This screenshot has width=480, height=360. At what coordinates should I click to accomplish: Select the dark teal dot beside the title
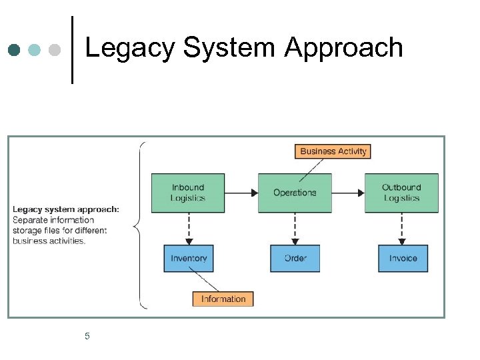click(x=15, y=50)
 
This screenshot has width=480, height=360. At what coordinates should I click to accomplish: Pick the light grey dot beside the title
click(x=55, y=50)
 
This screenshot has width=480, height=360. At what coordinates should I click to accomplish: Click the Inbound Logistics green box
click(x=188, y=193)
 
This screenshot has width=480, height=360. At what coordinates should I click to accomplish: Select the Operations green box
click(x=295, y=193)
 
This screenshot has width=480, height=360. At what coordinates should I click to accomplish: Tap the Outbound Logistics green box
click(x=401, y=193)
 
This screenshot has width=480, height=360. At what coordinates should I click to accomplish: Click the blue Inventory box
click(x=189, y=258)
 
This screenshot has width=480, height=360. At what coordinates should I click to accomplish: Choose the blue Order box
click(x=295, y=258)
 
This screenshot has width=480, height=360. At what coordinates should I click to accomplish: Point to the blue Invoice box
click(x=403, y=258)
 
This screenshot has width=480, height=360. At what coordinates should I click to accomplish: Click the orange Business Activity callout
click(x=333, y=151)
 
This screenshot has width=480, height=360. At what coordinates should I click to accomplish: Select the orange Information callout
click(x=223, y=299)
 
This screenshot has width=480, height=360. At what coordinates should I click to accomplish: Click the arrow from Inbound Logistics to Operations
click(x=241, y=193)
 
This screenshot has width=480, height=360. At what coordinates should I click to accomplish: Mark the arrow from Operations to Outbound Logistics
click(x=348, y=193)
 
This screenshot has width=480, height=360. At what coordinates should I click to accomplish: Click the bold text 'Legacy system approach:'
click(x=66, y=209)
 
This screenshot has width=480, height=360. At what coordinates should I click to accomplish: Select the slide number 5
click(x=87, y=336)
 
